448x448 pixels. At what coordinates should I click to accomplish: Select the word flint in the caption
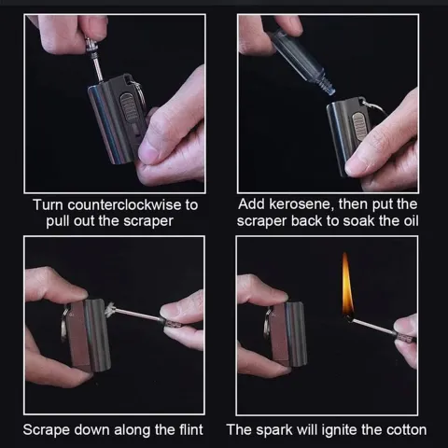tap(191, 429)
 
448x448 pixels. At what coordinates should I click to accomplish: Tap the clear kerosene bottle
tap(302, 62)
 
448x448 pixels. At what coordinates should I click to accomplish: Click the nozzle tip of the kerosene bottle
tap(331, 91)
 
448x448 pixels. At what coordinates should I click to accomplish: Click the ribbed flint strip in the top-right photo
tap(359, 127)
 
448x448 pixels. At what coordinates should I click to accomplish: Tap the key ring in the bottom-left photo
tap(64, 323)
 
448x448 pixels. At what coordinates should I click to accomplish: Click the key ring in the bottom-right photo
tap(267, 324)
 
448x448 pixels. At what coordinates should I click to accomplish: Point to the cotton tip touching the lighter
tap(110, 309)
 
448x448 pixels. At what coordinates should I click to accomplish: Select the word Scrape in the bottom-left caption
tap(46, 430)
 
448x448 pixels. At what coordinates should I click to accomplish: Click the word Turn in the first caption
tap(48, 205)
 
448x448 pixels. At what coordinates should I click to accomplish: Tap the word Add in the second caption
tap(251, 204)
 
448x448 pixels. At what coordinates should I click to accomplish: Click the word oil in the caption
tap(411, 221)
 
